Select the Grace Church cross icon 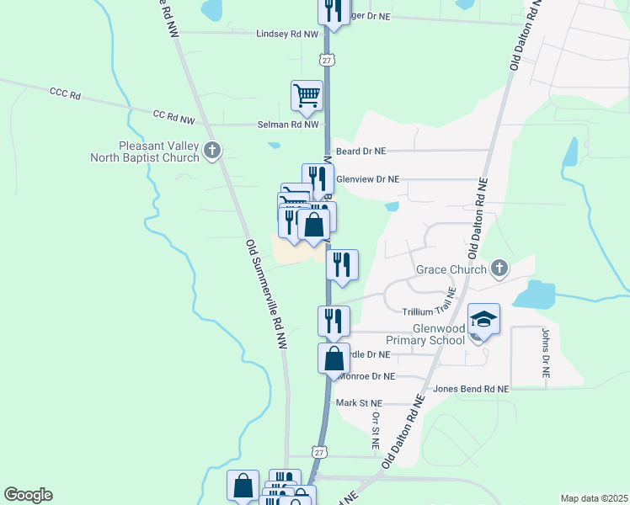(x=499, y=269)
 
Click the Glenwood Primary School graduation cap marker (x=484, y=320)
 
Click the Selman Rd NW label (x=288, y=125)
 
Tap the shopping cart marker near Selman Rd (x=307, y=95)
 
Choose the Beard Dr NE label (x=360, y=151)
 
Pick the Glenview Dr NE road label (x=367, y=179)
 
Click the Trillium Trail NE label (x=429, y=311)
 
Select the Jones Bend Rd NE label (x=471, y=390)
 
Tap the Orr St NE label (x=376, y=430)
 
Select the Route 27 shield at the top (x=327, y=59)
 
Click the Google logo (x=28, y=495)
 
